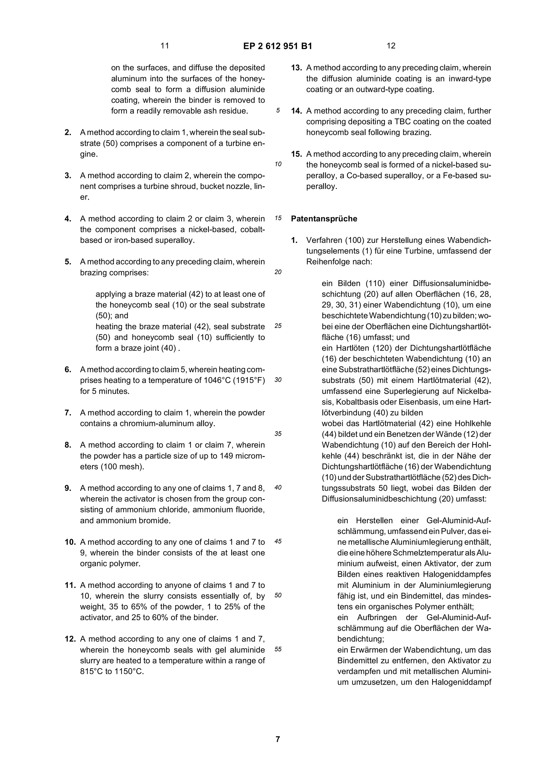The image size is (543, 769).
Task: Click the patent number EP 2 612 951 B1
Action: (277, 46)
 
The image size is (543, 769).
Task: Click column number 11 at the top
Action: (165, 46)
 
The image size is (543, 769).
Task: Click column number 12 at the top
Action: (391, 46)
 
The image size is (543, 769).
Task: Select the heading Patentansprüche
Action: (324, 219)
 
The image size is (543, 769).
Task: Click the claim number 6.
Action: (68, 370)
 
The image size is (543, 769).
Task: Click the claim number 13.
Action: (296, 68)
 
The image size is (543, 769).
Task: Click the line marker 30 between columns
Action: (278, 380)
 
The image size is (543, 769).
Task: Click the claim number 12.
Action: (70, 639)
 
